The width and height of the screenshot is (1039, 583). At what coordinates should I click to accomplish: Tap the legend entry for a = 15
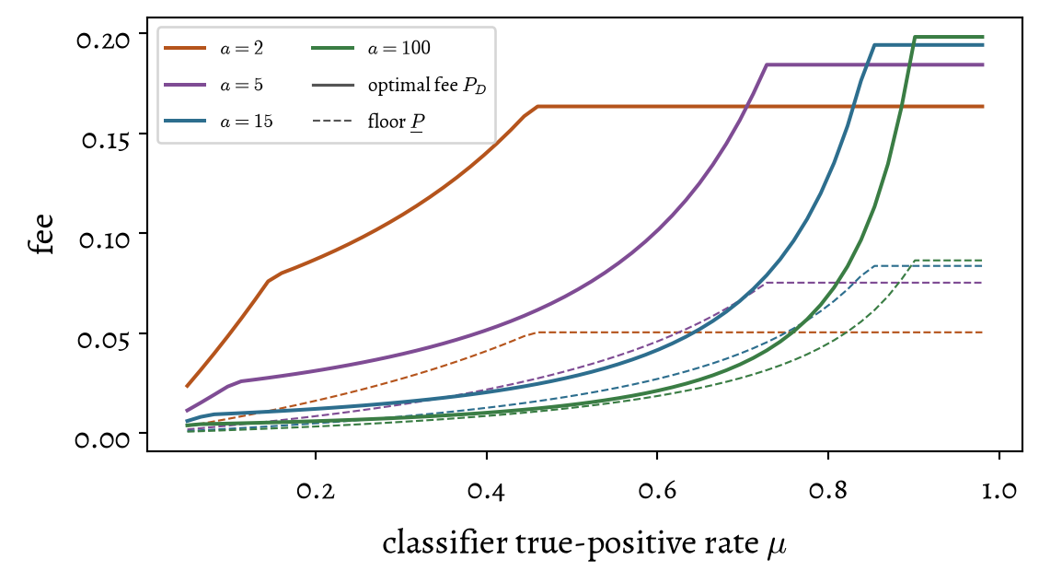point(218,122)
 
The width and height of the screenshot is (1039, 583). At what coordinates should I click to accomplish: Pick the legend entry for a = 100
point(370,48)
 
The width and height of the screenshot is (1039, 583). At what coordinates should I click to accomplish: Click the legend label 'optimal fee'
point(398,86)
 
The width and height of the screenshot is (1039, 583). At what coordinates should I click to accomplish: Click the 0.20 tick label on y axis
point(103,41)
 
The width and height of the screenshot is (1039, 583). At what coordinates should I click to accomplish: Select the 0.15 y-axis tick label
point(105,141)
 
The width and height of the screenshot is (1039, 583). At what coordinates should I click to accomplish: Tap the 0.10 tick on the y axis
point(104,240)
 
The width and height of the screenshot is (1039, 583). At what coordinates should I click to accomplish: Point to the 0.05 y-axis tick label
point(103,340)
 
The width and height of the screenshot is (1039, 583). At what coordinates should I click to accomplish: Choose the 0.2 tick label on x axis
point(316,490)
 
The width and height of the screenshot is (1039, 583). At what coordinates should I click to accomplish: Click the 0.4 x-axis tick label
point(487,490)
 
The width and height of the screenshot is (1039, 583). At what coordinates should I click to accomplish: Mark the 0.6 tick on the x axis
point(657,490)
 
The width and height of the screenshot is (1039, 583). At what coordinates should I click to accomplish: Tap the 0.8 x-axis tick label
point(828,490)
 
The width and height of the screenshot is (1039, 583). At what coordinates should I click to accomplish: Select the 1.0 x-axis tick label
point(999,490)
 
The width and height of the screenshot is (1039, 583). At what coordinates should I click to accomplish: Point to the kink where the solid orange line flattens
point(537,106)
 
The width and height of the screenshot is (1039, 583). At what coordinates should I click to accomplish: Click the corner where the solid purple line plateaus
point(767,64)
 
